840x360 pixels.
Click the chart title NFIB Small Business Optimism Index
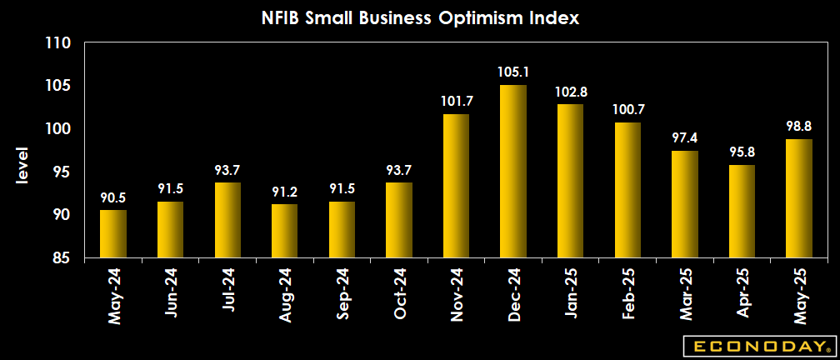419,17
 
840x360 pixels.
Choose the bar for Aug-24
285,231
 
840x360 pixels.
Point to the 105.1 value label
513,72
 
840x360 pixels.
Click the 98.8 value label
799,126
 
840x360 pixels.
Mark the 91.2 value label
285,191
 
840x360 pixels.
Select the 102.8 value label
571,91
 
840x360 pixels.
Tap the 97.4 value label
685,137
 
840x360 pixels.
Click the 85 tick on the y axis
62,257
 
